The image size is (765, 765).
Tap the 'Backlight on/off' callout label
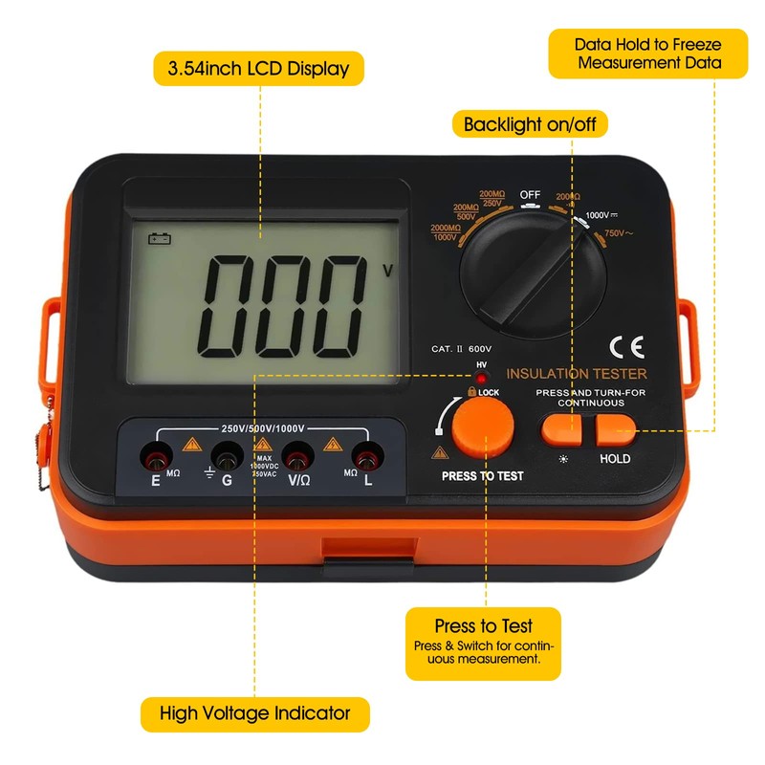tap(535, 124)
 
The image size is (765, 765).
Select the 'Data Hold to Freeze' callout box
tap(647, 54)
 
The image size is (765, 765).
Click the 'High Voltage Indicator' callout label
tap(254, 712)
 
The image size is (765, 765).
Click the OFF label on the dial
tap(530, 195)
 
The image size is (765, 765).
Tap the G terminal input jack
tap(226, 456)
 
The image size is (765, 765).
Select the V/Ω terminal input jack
tap(297, 456)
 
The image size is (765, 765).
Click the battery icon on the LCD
tap(159, 240)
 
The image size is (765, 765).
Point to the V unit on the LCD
tap(387, 271)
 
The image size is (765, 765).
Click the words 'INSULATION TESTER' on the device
tap(576, 374)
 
